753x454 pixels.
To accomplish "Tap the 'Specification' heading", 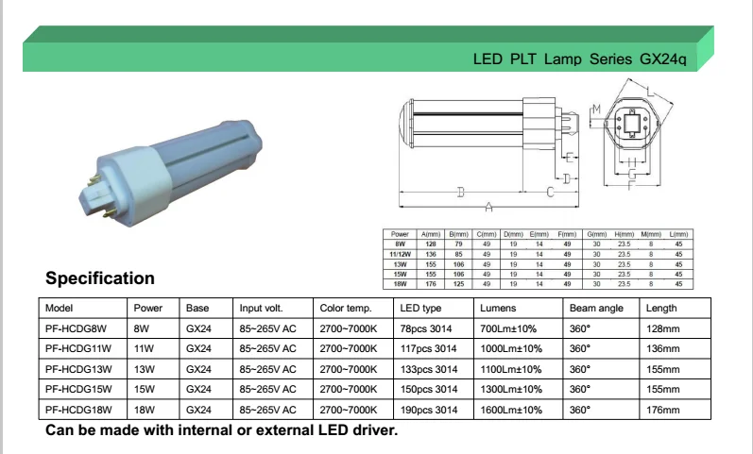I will [100, 278].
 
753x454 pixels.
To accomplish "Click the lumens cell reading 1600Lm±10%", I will [511, 410].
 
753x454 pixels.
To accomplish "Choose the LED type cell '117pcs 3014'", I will [429, 348].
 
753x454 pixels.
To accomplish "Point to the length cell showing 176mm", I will [662, 410].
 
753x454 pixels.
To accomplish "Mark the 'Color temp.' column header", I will [346, 309].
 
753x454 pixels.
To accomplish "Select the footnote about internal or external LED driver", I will [222, 431].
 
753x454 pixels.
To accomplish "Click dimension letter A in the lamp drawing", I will [488, 207].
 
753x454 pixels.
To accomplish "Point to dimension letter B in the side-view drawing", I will [460, 193].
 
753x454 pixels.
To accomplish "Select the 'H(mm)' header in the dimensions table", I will [623, 233].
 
